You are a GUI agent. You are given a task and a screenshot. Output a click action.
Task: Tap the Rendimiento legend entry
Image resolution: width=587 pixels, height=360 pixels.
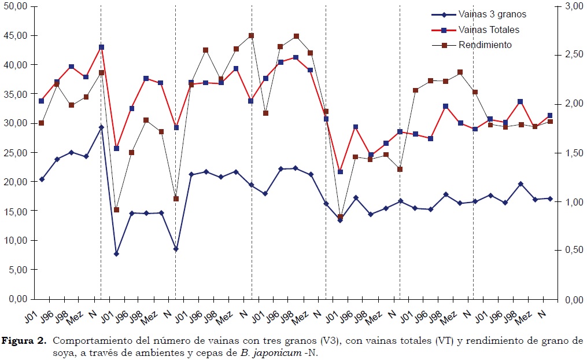(x=485, y=45)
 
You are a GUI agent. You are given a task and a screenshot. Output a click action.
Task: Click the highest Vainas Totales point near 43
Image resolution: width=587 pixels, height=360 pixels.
(x=101, y=47)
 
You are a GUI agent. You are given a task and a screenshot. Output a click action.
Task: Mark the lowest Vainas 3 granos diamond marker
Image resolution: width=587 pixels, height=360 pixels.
(x=116, y=254)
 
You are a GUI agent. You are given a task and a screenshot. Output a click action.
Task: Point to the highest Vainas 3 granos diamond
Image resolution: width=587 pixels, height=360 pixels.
(x=101, y=127)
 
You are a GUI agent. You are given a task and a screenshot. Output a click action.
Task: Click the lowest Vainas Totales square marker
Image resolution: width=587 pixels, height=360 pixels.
(x=340, y=172)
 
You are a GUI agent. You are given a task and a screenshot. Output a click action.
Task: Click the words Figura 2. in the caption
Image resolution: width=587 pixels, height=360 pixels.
(x=28, y=340)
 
